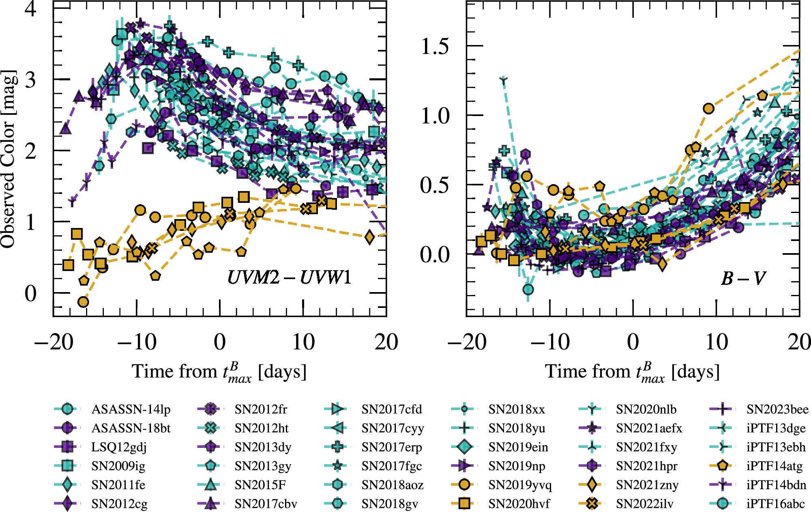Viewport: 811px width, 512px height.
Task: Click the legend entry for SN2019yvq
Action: pos(519,485)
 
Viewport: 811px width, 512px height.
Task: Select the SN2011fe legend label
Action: pos(118,485)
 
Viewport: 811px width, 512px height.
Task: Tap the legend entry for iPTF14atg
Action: pos(774,466)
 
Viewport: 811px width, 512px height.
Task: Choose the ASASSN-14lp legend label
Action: pos(131,409)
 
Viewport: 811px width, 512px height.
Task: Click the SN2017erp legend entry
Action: pos(392,447)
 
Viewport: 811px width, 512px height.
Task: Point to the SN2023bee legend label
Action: pos(777,409)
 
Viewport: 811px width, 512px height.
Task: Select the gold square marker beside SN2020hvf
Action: pos(465,504)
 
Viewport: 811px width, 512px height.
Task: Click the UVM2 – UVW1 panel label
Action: pos(289,278)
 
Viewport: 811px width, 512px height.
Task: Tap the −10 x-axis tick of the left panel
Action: pos(136,342)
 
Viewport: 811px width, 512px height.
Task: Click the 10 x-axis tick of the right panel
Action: pos(717,342)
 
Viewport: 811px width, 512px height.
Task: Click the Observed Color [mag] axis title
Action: pos(9,159)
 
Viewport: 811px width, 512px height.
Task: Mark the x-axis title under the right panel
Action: pos(632,372)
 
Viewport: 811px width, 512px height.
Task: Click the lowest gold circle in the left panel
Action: pos(83,302)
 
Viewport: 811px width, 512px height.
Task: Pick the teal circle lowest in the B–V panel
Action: pos(528,289)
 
